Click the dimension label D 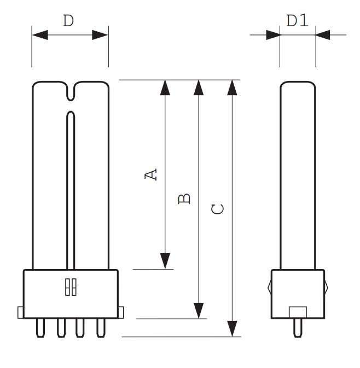(68, 21)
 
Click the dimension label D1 (297, 20)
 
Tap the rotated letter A (150, 174)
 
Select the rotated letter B (184, 198)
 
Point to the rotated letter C (218, 209)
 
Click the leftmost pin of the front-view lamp (40, 328)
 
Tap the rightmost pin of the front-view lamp (101, 328)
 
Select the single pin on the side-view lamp (298, 328)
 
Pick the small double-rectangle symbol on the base (71, 287)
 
